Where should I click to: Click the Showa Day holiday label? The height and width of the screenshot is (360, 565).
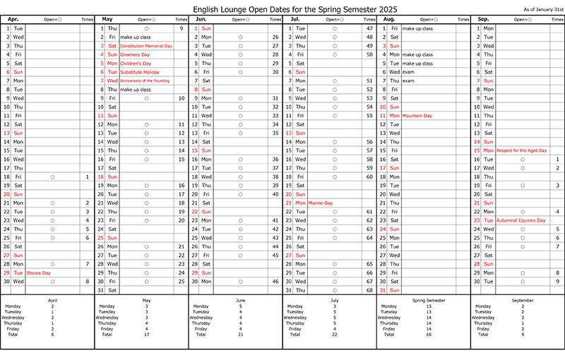point(39,272)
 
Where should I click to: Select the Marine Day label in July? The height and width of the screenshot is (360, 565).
point(321,203)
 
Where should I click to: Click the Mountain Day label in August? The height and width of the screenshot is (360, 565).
point(417,115)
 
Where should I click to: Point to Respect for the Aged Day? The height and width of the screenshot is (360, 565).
point(522,150)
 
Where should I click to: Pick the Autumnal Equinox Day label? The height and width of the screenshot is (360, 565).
point(521,220)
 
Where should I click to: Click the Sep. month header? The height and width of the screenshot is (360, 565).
point(484,19)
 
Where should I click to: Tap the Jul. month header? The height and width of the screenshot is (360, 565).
point(295,19)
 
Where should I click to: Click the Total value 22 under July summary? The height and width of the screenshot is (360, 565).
point(334,334)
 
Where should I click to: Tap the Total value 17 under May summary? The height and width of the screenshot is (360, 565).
point(146,334)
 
